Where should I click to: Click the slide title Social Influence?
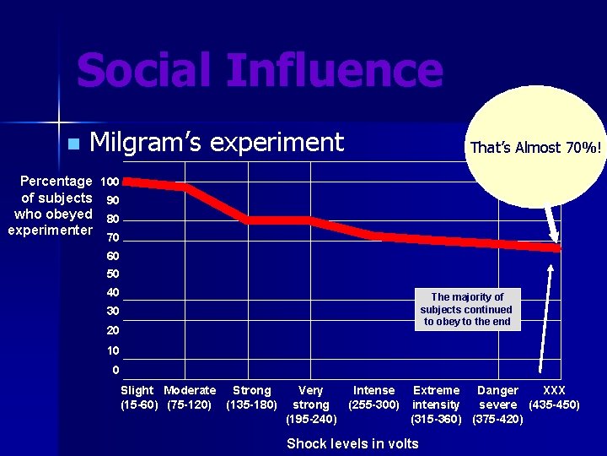coord(259,71)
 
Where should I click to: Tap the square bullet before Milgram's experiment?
coord(73,144)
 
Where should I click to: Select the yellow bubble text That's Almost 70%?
coord(536,148)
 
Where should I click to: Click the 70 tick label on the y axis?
coord(113,237)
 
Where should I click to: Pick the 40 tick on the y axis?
coord(113,293)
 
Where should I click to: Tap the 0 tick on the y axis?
coord(115,370)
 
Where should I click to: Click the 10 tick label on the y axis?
coord(113,350)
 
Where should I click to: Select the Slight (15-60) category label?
coord(137,397)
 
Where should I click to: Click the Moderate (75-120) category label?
coord(190,397)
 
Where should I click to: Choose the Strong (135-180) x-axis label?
coord(252,397)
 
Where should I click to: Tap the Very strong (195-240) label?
coord(311,404)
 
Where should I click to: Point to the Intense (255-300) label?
coord(373,397)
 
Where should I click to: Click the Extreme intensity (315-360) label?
coord(436,404)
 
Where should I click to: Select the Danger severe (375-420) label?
coord(497,404)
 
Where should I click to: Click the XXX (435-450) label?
coord(554,397)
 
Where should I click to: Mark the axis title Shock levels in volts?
coord(352,444)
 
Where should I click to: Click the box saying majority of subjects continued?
coord(467,309)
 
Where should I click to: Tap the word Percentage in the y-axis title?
coord(56,182)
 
